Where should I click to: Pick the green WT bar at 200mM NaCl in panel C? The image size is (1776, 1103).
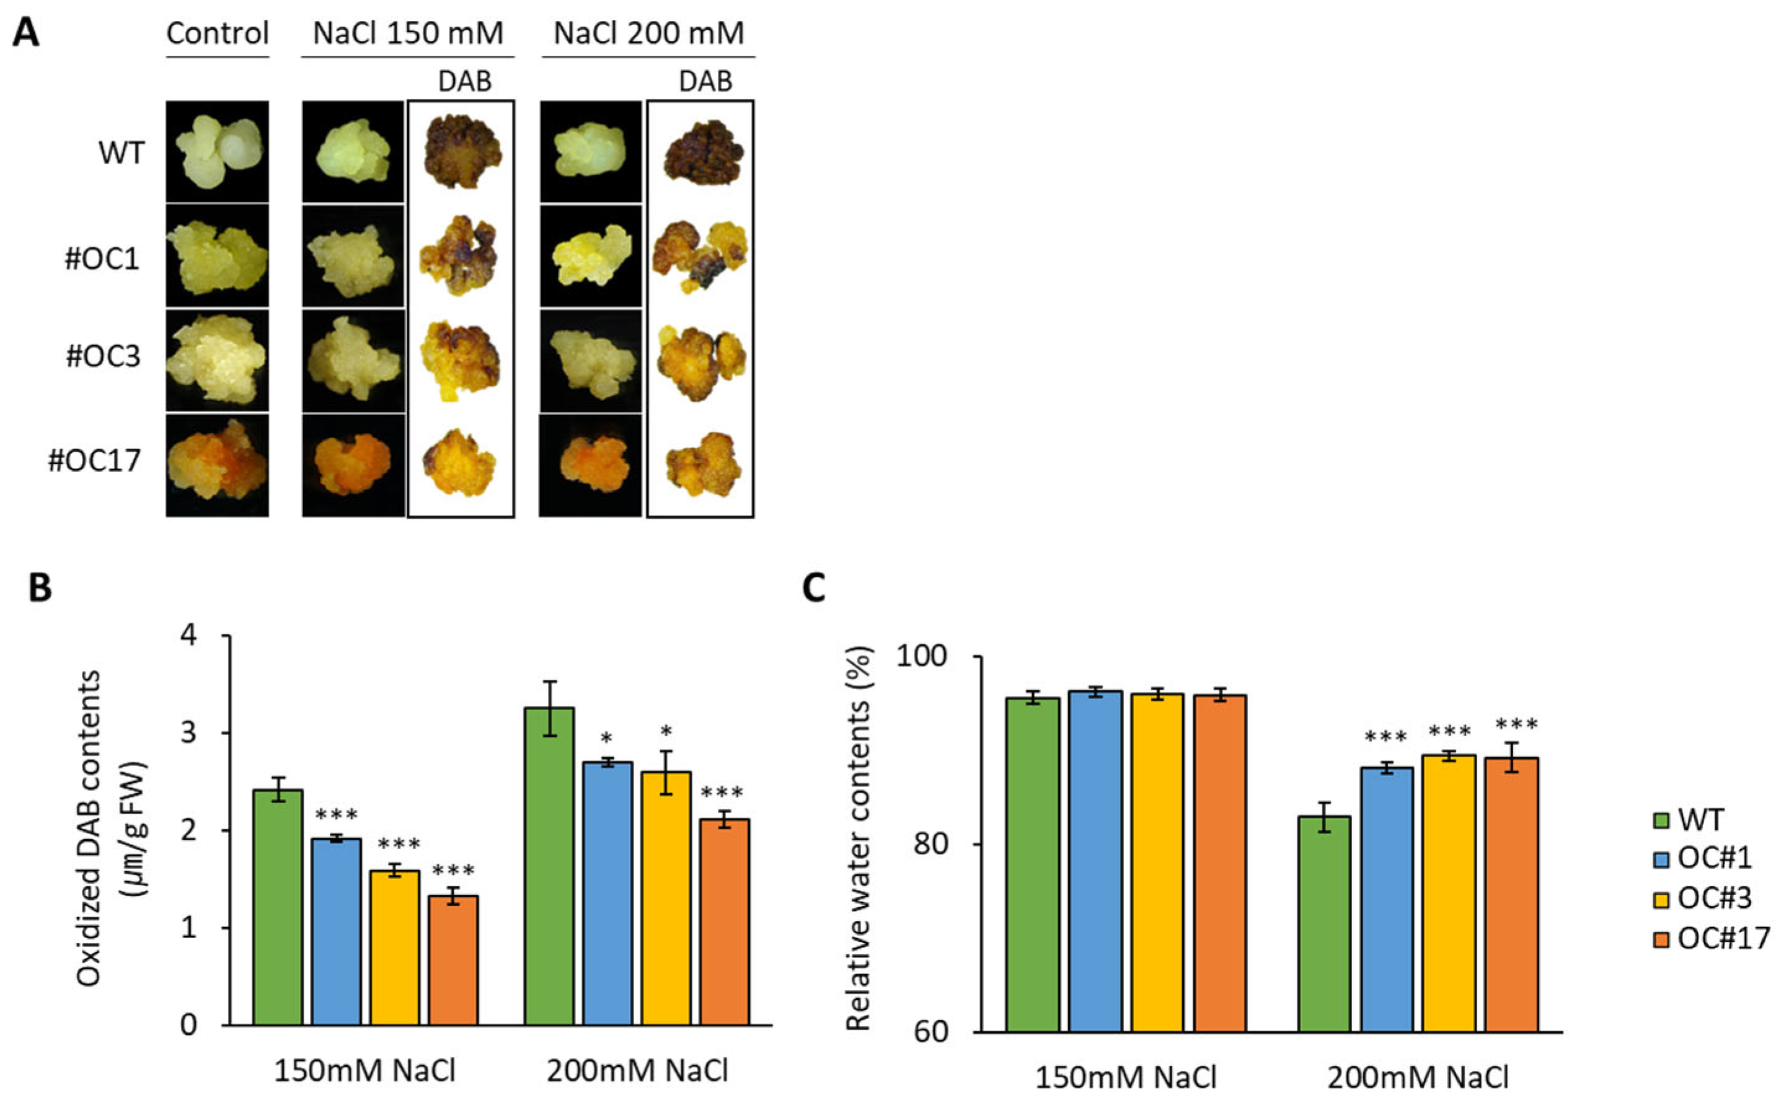click(x=1324, y=923)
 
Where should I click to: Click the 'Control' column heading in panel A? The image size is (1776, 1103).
click(x=218, y=33)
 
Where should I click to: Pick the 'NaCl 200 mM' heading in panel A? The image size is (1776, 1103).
click(x=648, y=33)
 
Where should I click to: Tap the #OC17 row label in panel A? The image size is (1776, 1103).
click(x=95, y=461)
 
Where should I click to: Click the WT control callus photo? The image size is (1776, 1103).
click(x=218, y=152)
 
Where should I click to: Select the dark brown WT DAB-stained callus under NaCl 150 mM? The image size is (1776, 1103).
click(x=461, y=152)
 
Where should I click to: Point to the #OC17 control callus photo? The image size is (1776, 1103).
click(x=218, y=465)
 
